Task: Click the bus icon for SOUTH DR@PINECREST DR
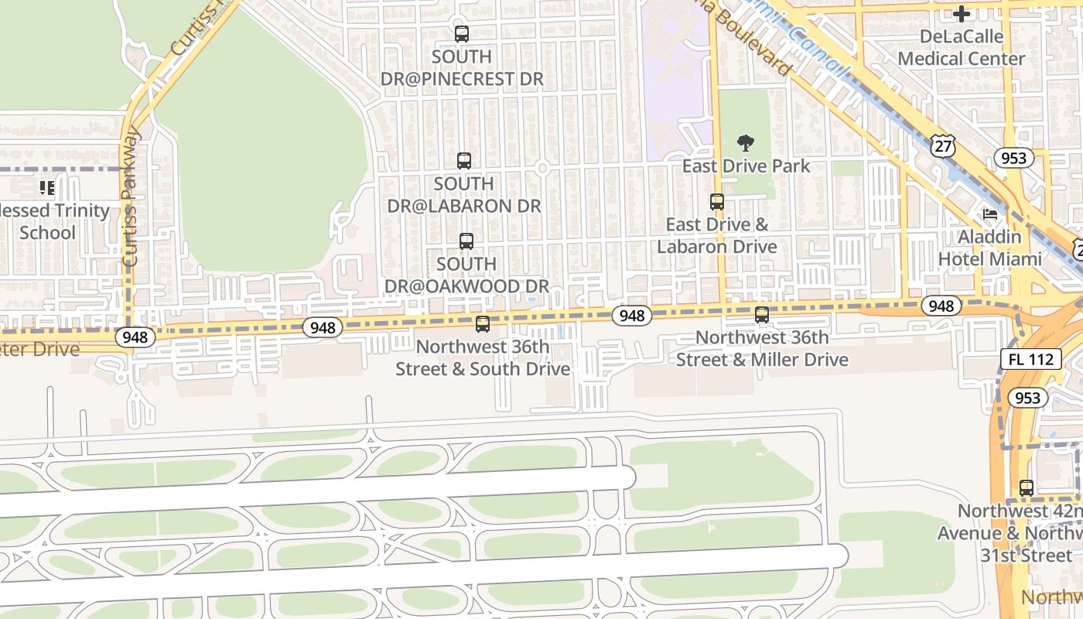pos(462,34)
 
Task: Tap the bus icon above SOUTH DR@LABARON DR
pos(464,161)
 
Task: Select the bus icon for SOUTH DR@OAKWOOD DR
pos(466,241)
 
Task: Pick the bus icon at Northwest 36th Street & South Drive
pos(483,324)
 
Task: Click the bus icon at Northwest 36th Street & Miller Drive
pos(762,315)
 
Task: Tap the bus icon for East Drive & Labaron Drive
pos(717,202)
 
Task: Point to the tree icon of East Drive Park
pos(746,143)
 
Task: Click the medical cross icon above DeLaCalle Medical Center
pos(962,14)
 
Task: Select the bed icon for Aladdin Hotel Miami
pos(990,214)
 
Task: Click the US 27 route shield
pos(944,146)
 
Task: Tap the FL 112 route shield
pos(1030,359)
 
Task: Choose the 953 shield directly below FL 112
pos(1028,398)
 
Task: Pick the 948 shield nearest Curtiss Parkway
pos(135,337)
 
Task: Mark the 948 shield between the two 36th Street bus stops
pos(632,315)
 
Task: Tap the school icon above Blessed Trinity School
pos(47,188)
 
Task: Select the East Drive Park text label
pos(746,166)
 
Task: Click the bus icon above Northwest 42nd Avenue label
pos(1027,488)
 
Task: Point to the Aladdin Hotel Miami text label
pos(990,248)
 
